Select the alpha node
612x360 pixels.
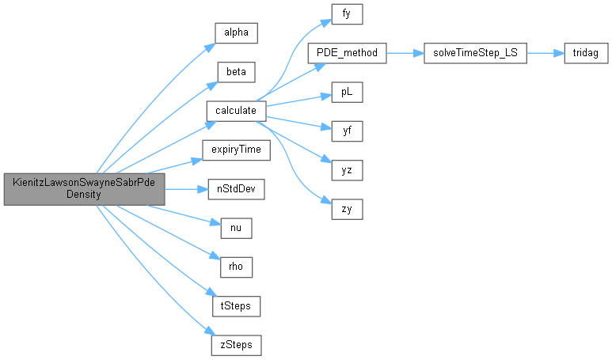pyautogui.click(x=236, y=34)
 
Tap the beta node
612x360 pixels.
pyautogui.click(x=236, y=72)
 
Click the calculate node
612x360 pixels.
pyautogui.click(x=236, y=111)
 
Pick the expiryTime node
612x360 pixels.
pyautogui.click(x=236, y=149)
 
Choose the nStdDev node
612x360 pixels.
pyautogui.click(x=236, y=188)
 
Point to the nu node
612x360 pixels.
pyautogui.click(x=236, y=227)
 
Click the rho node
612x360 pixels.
pyautogui.click(x=236, y=265)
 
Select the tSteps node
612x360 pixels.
pyautogui.click(x=236, y=305)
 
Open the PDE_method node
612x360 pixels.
pyautogui.click(x=346, y=53)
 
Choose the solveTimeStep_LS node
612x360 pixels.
pyautogui.click(x=475, y=53)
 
